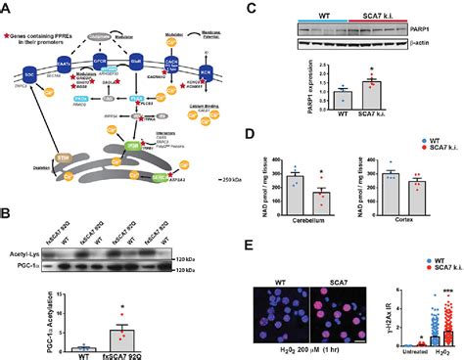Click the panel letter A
click(6, 7)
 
